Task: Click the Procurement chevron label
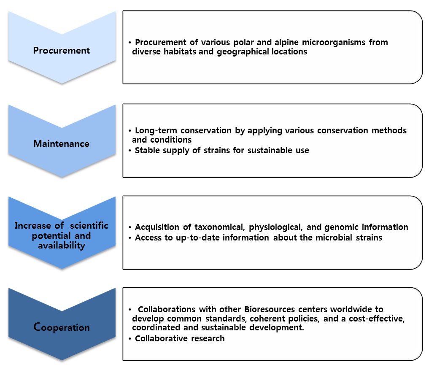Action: click(x=61, y=51)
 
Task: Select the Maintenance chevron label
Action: click(x=61, y=143)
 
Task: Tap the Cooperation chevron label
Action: click(x=62, y=327)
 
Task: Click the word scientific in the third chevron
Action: click(x=89, y=225)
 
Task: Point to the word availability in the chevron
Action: click(x=62, y=246)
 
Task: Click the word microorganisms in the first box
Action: click(x=334, y=42)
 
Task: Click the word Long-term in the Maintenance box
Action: click(x=156, y=130)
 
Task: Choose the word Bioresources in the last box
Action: click(x=270, y=309)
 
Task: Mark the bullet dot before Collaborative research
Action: click(x=130, y=339)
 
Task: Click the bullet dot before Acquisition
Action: click(x=130, y=227)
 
